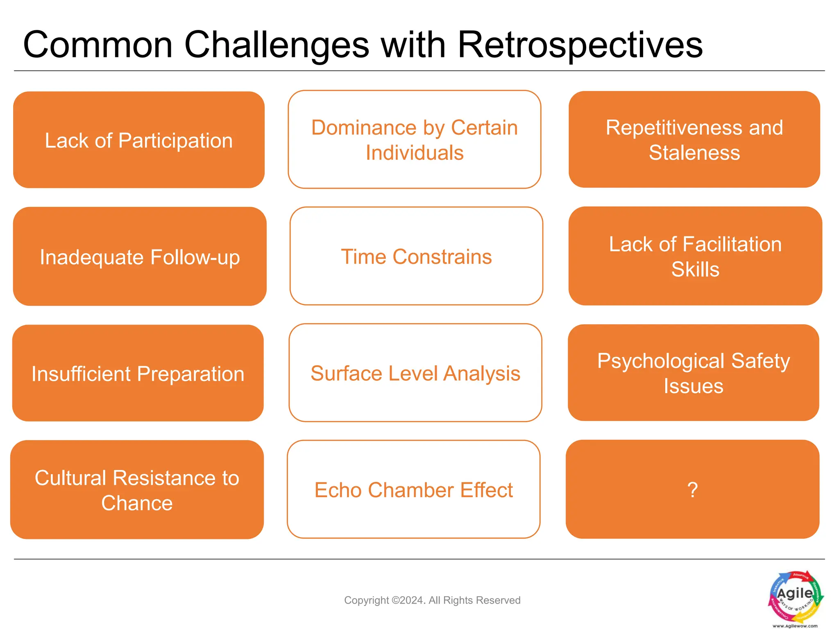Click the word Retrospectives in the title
click(579, 45)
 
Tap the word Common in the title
click(98, 45)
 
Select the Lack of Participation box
click(138, 140)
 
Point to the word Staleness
click(694, 153)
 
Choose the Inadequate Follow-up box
click(139, 257)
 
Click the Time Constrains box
click(416, 257)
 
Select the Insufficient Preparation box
click(138, 373)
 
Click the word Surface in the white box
click(346, 373)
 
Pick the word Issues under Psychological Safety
click(694, 386)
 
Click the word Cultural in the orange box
click(70, 478)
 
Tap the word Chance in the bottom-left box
click(137, 503)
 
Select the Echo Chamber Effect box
click(414, 490)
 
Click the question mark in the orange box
click(692, 490)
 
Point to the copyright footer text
click(432, 600)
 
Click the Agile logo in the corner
click(796, 596)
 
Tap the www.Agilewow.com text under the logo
click(795, 626)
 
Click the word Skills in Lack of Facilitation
click(695, 269)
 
